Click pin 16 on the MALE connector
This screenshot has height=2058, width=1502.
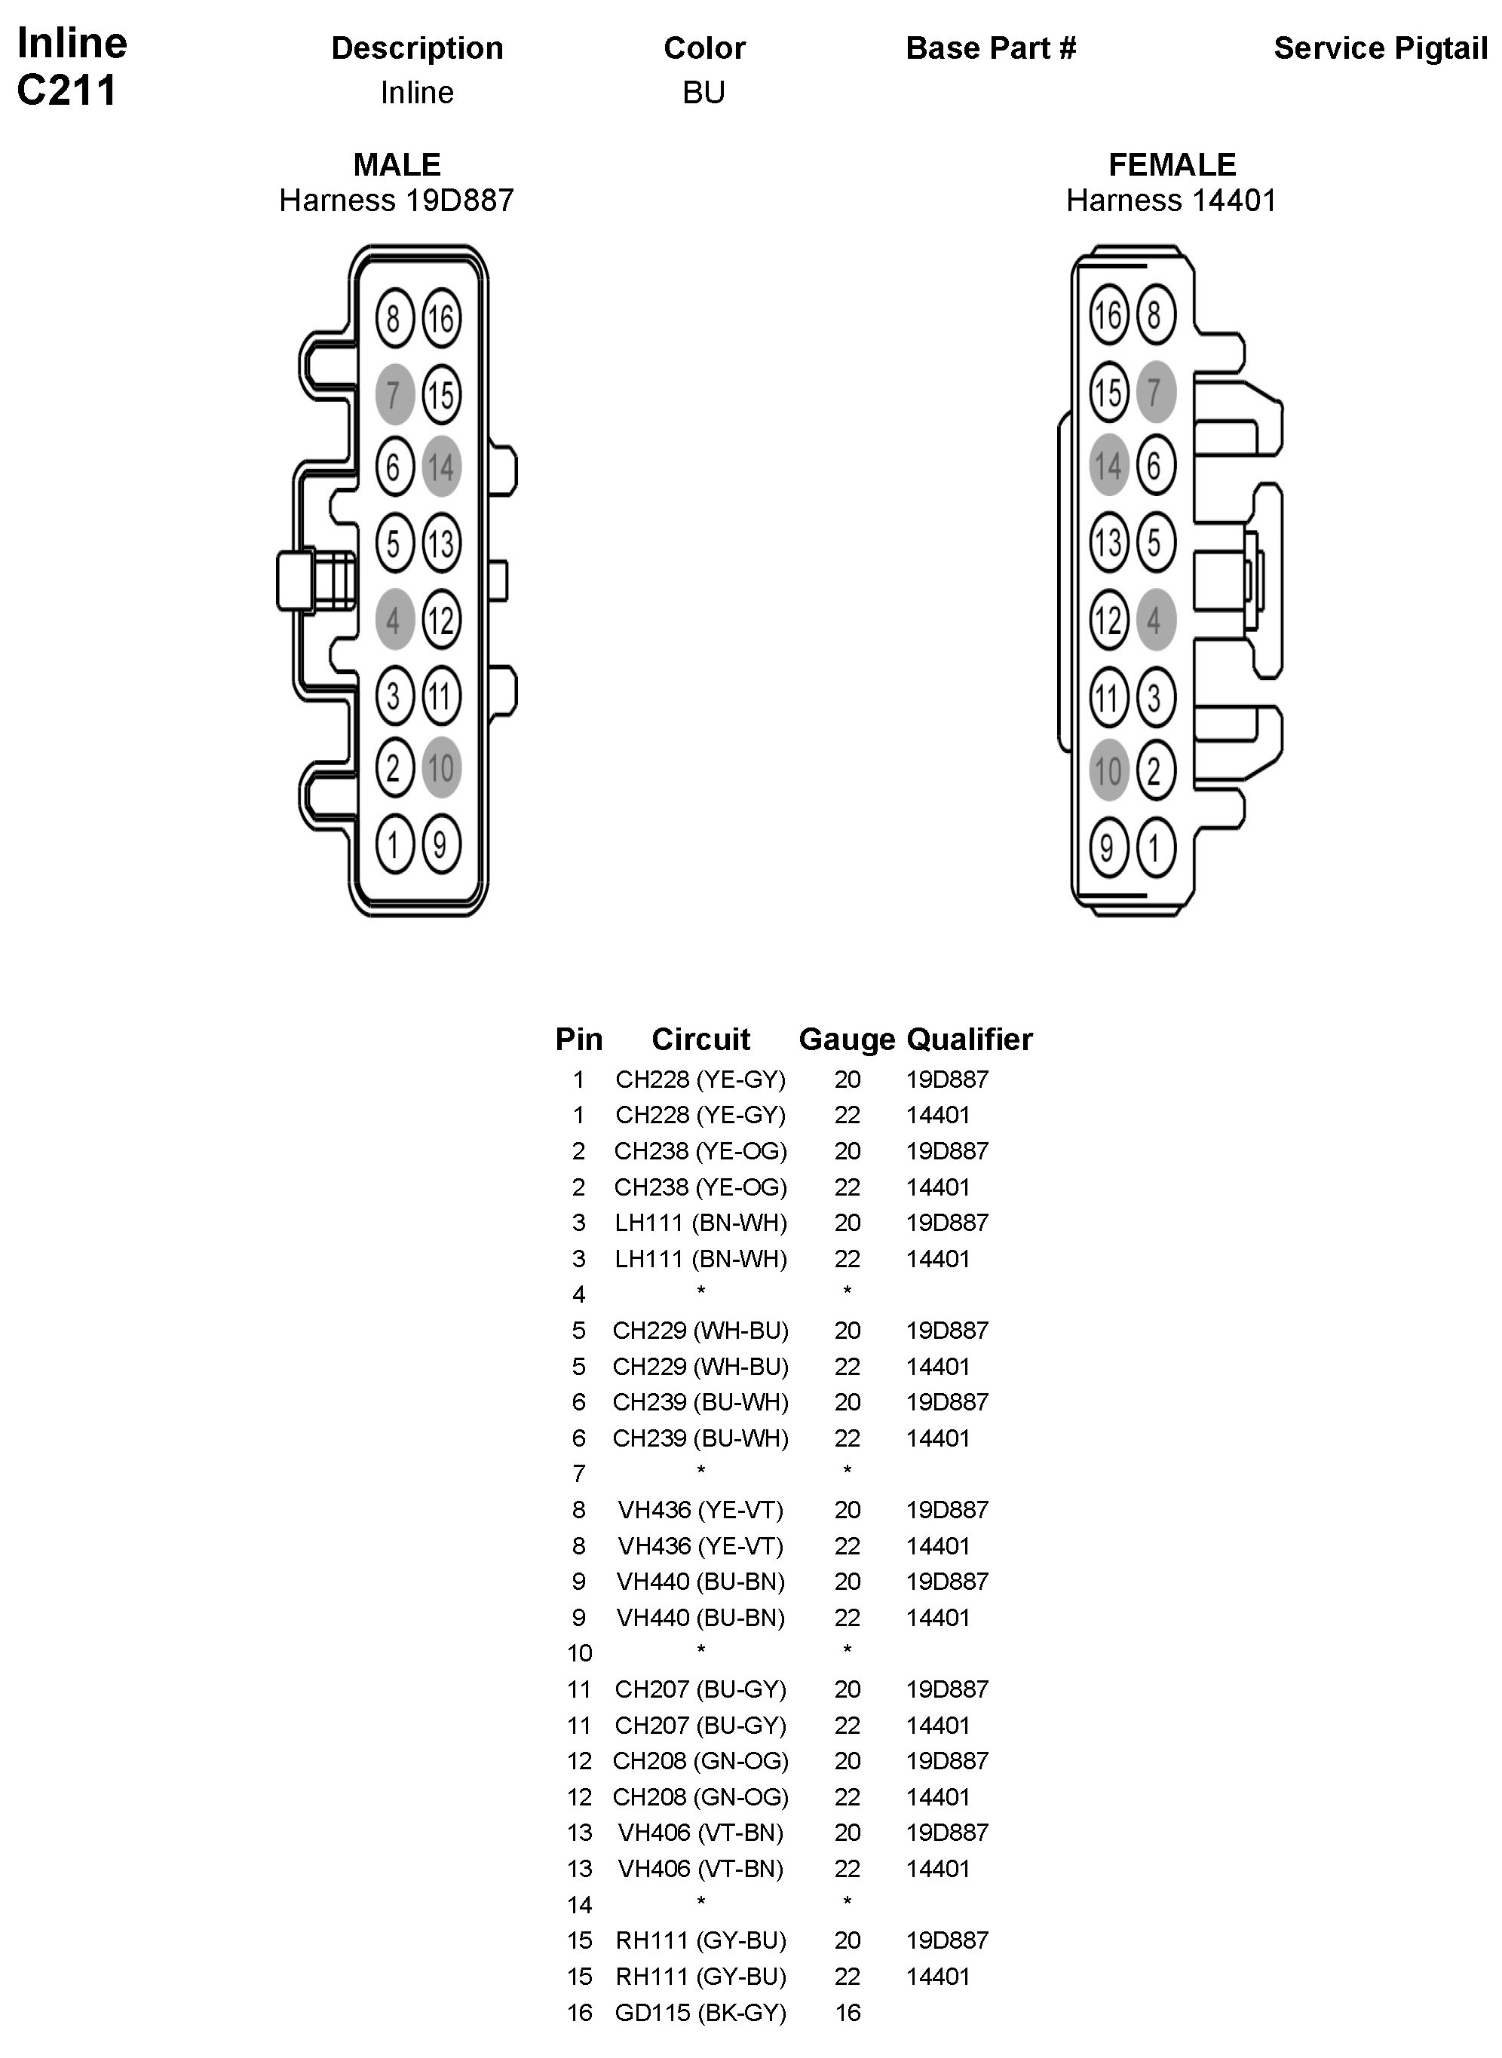pos(441,319)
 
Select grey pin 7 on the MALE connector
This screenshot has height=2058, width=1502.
pos(394,394)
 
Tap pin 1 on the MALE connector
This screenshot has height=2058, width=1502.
pos(394,845)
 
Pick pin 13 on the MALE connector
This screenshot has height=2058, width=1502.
pos(441,544)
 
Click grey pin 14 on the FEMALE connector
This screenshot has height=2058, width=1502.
pos(1108,465)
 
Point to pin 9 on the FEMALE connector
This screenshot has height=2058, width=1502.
pos(1108,847)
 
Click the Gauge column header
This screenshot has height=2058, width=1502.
pos(847,1039)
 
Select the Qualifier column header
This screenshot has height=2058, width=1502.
pos(969,1039)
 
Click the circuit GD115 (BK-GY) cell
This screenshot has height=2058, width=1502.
pos(700,2013)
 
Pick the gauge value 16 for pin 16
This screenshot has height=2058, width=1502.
pos(848,2013)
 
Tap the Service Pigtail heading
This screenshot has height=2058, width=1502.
pos(1380,48)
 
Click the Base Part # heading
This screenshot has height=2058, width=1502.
pos(991,48)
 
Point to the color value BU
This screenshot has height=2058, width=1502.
pos(703,93)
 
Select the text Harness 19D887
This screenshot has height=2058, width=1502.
pos(397,200)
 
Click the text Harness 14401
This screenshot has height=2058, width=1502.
pos(1171,200)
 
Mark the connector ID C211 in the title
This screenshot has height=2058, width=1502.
pos(66,90)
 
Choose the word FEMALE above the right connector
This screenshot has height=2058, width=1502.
pos(1172,164)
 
